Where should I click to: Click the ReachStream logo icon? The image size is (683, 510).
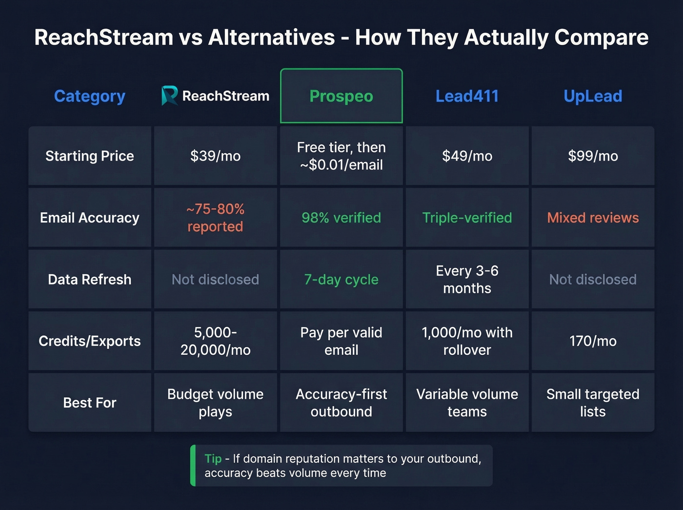tap(169, 96)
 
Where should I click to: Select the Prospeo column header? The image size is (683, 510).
tap(341, 96)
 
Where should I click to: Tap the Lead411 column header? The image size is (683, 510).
tap(467, 96)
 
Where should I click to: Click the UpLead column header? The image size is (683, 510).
tap(593, 96)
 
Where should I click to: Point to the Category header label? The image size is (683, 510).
tap(90, 96)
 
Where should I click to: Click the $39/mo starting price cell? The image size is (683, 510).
tap(215, 156)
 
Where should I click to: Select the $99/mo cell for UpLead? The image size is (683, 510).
tap(593, 156)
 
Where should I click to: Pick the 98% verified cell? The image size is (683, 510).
tap(341, 218)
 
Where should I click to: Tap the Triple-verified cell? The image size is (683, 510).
tap(467, 218)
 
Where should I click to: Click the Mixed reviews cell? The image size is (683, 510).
tap(593, 218)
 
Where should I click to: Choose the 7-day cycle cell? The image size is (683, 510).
tap(341, 280)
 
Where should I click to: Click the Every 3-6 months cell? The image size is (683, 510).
tap(467, 280)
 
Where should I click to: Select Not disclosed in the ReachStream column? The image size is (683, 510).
tap(215, 280)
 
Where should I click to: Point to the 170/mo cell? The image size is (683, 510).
tap(593, 341)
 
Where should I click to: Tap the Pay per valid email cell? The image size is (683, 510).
tap(341, 341)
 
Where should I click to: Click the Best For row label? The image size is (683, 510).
tap(90, 403)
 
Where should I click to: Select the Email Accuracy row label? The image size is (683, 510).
tap(90, 218)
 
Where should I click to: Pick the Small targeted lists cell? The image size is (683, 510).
tap(593, 403)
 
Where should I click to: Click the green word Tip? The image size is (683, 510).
tap(213, 459)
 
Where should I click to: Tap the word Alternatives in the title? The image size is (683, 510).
tap(272, 38)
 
